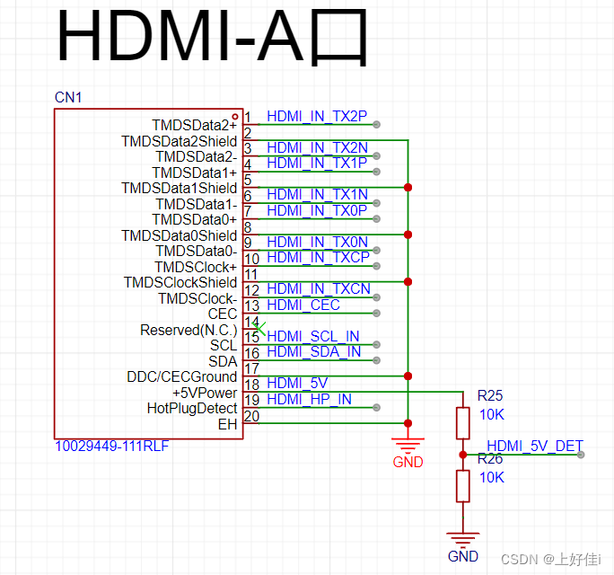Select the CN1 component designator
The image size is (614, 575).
tap(68, 97)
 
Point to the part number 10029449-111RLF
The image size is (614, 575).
tap(111, 446)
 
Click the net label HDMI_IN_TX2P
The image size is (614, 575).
tap(316, 117)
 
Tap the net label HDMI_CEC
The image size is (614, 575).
tap(303, 305)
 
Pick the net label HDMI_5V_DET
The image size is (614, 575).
tap(534, 445)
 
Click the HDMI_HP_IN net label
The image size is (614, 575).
tap(309, 399)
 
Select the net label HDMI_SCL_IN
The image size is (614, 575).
tap(312, 336)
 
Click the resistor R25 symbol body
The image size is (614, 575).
tap(462, 423)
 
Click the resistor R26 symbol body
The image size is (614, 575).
tap(462, 485)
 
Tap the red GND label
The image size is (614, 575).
tap(408, 462)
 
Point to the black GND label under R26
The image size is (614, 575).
tap(462, 556)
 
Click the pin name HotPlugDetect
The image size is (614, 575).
tap(191, 408)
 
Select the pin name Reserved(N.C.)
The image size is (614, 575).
tap(189, 330)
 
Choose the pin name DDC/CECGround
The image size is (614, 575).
tap(182, 376)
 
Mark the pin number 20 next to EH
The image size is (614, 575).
tap(251, 415)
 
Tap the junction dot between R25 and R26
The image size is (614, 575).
tap(462, 455)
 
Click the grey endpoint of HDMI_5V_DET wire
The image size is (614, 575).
tap(581, 455)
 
